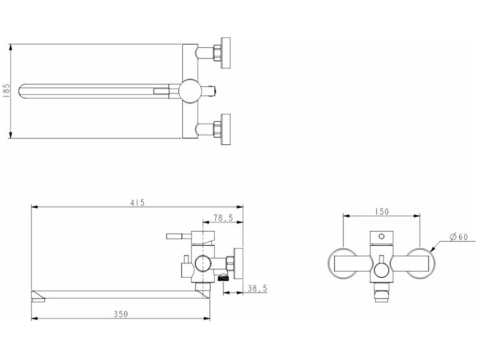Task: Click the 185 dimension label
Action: point(7,90)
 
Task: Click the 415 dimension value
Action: point(137,203)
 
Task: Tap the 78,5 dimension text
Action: point(223,218)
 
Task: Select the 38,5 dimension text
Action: point(258,288)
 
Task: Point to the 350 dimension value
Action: point(120,314)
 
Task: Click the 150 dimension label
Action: point(381,211)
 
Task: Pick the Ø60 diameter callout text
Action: point(459,237)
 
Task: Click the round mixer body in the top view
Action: point(190,91)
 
